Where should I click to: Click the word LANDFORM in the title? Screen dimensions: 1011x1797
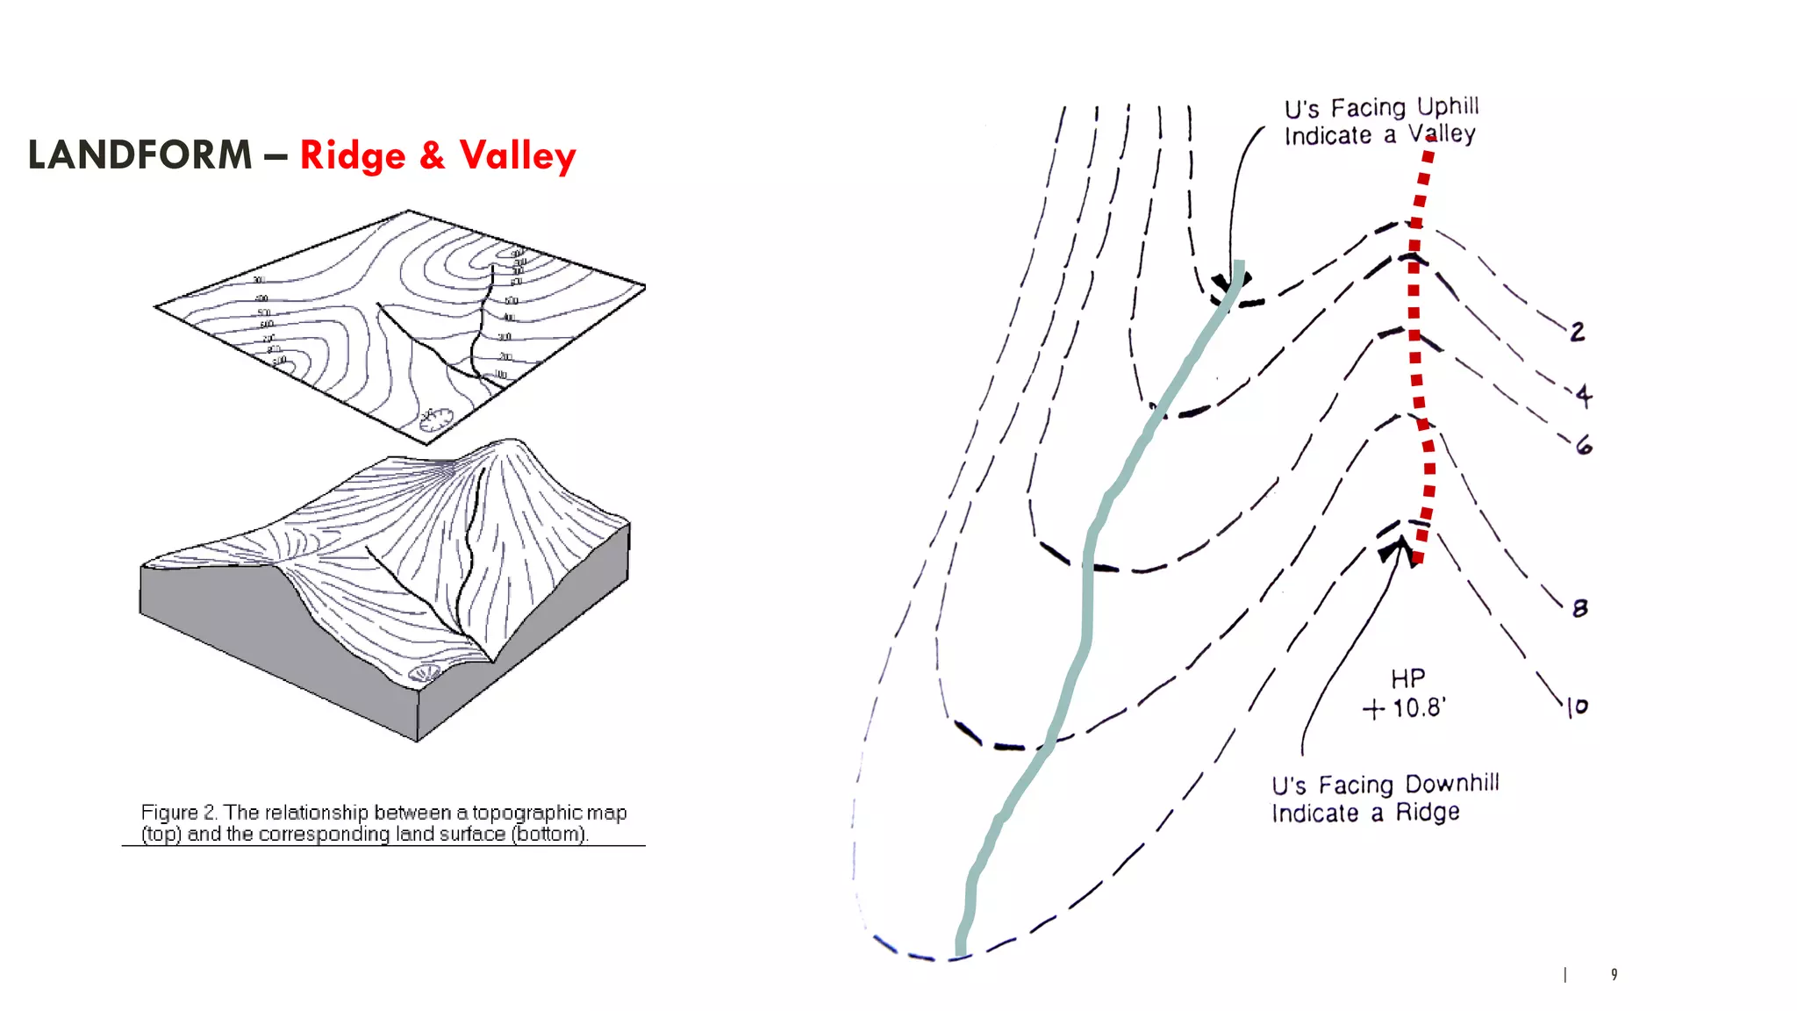click(x=140, y=155)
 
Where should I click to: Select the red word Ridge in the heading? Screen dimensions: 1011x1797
click(x=353, y=155)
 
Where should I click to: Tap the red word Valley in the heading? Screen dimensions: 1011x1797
click(x=518, y=155)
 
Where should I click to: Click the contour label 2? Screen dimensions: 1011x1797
click(x=1578, y=332)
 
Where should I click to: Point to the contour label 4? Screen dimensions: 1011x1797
click(x=1583, y=396)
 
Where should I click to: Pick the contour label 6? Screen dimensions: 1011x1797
click(x=1584, y=446)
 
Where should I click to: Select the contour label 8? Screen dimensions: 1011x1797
click(x=1580, y=608)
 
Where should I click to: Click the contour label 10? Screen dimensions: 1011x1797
click(x=1577, y=706)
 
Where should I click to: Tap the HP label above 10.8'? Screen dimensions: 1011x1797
click(x=1407, y=678)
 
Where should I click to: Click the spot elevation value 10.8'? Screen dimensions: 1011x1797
click(x=1419, y=707)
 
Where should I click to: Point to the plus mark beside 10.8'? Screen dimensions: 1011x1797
click(x=1374, y=709)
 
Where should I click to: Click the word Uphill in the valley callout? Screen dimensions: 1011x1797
click(x=1448, y=107)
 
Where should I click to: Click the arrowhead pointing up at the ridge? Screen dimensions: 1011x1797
click(x=1397, y=550)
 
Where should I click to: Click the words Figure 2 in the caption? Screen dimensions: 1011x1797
click(x=178, y=813)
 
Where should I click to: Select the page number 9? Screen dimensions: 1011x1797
click(x=1614, y=974)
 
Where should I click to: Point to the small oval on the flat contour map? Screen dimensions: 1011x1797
click(x=435, y=419)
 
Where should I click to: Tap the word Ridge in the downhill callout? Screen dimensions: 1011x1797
click(x=1428, y=813)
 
